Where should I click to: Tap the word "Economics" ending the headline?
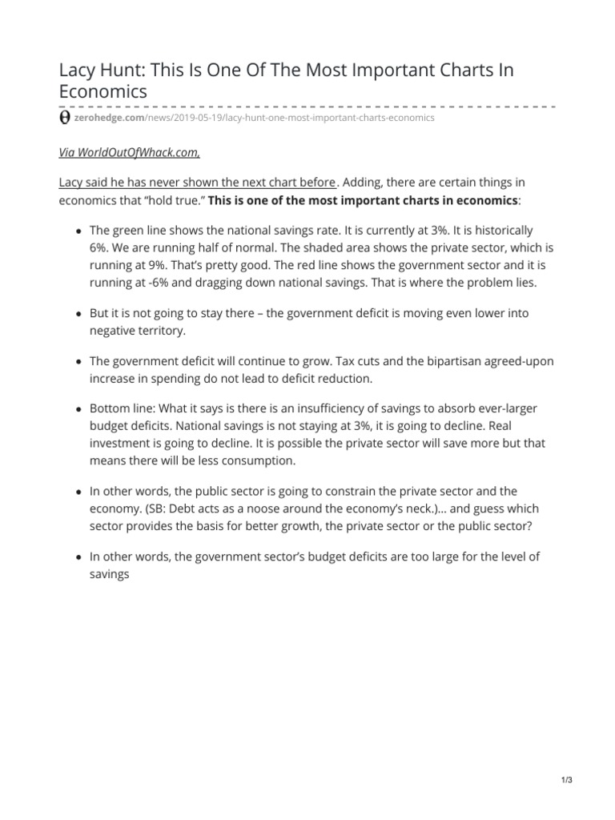tap(103, 92)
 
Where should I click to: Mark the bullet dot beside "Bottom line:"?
tap(78, 410)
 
